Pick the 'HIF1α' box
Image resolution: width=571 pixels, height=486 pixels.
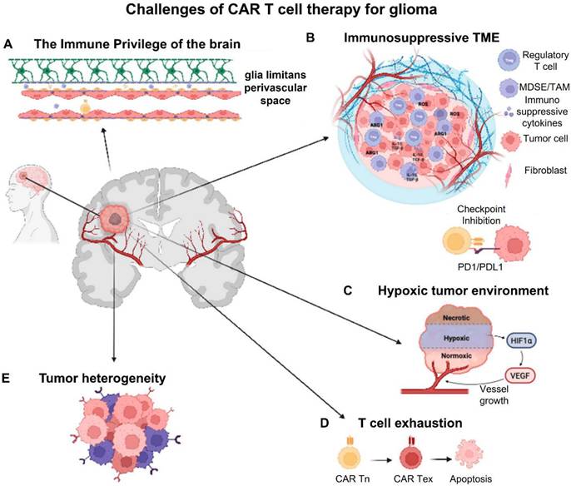517,340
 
